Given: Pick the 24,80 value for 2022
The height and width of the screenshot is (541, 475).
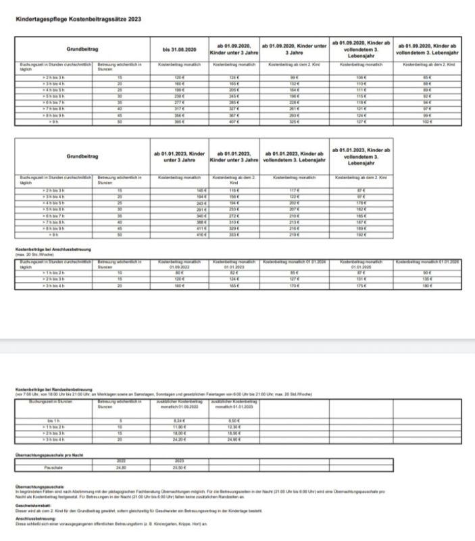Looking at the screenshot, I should point(122,467).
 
